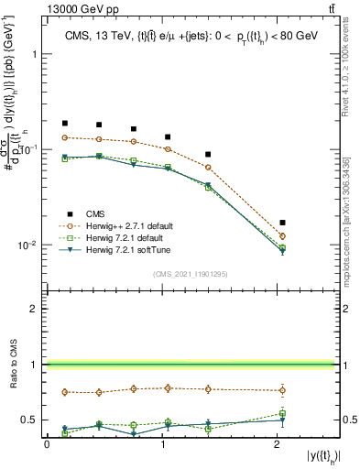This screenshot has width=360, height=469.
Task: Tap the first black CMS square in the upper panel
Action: click(65, 123)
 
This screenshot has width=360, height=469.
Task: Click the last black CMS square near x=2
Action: click(282, 223)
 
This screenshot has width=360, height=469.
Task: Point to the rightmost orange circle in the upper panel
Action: click(282, 236)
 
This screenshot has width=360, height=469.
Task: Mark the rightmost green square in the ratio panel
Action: click(282, 413)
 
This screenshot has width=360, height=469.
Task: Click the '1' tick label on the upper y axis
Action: click(36, 54)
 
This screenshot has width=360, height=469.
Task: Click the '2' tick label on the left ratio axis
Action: click(35, 309)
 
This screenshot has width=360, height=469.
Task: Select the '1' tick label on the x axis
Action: click(161, 444)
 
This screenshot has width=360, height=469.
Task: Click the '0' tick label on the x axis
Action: click(47, 444)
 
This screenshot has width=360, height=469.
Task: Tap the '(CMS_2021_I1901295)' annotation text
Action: click(190, 274)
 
